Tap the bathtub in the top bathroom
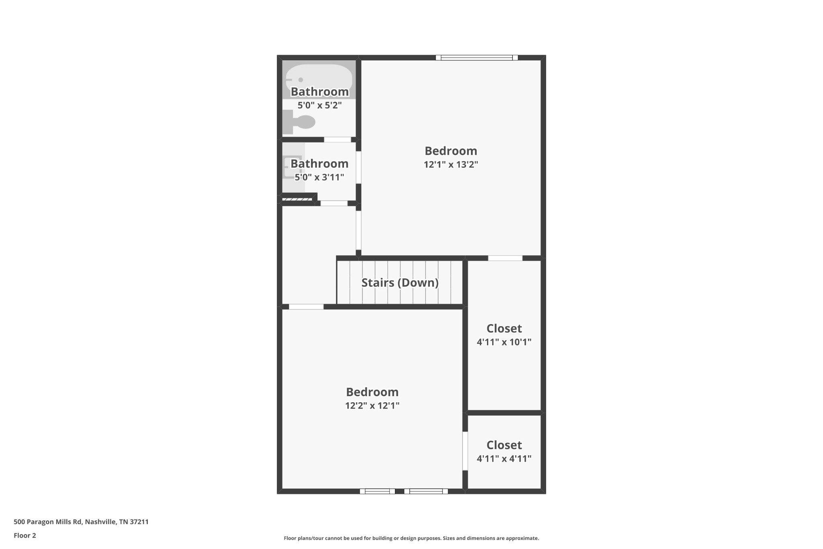pyautogui.click(x=319, y=79)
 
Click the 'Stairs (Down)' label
pyautogui.click(x=400, y=283)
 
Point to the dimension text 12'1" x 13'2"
pyautogui.click(x=451, y=164)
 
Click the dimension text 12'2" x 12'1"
pyautogui.click(x=372, y=405)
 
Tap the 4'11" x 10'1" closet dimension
pyautogui.click(x=504, y=342)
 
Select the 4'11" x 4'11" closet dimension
pyautogui.click(x=504, y=459)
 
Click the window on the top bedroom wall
pyautogui.click(x=477, y=58)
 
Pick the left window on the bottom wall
pyautogui.click(x=377, y=491)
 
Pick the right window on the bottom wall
pyautogui.click(x=426, y=491)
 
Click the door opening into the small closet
pyautogui.click(x=465, y=451)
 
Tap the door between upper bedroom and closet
pyautogui.click(x=505, y=258)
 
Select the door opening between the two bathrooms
pyautogui.click(x=338, y=140)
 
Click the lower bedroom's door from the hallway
pyautogui.click(x=306, y=307)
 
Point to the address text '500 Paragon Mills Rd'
pyautogui.click(x=48, y=522)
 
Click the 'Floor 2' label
pyautogui.click(x=25, y=535)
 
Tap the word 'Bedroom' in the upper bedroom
pyautogui.click(x=451, y=151)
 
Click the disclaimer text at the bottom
pyautogui.click(x=411, y=538)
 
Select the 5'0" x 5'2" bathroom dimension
pyautogui.click(x=319, y=105)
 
